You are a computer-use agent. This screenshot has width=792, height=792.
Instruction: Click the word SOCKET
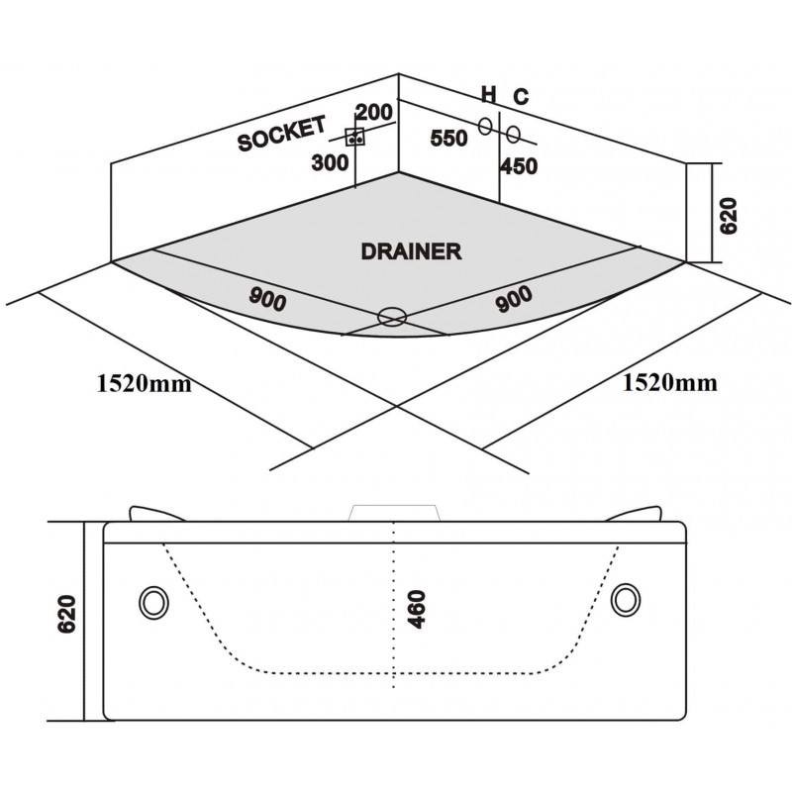pyautogui.click(x=282, y=134)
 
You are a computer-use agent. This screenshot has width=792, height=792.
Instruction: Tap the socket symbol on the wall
pyautogui.click(x=355, y=137)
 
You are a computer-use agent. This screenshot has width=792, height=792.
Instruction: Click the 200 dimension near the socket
pyautogui.click(x=374, y=112)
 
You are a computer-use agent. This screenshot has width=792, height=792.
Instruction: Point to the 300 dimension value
pyautogui.click(x=330, y=162)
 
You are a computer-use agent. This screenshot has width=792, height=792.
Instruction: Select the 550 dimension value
pyautogui.click(x=449, y=138)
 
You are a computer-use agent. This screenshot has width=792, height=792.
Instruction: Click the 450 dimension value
pyautogui.click(x=519, y=166)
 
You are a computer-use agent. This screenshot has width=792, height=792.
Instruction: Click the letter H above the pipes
pyautogui.click(x=488, y=94)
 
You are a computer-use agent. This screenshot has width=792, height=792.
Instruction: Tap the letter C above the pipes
pyautogui.click(x=522, y=96)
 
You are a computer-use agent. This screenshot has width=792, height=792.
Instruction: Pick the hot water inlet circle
pyautogui.click(x=485, y=126)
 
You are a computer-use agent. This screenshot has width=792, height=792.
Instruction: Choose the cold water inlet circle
pyautogui.click(x=513, y=134)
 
